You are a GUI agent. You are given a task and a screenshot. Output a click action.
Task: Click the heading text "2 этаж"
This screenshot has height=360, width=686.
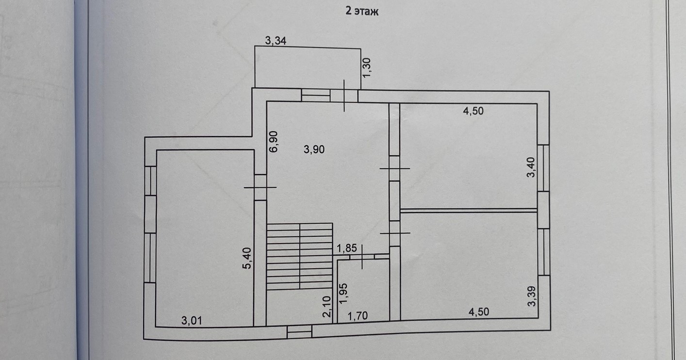(x=361, y=12)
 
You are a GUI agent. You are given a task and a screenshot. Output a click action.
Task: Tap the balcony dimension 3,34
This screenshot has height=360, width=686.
(x=276, y=41)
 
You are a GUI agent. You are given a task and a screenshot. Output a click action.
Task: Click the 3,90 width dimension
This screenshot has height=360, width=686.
(x=314, y=150)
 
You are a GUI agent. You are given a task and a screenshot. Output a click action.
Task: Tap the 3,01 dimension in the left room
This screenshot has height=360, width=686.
(x=192, y=320)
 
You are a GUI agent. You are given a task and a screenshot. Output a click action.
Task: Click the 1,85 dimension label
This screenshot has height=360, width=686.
(x=347, y=248)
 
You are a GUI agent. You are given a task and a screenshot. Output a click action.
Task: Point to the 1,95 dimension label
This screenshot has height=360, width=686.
(x=344, y=294)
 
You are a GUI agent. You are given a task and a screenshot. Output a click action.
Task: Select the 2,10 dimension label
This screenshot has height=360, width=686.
(x=327, y=307)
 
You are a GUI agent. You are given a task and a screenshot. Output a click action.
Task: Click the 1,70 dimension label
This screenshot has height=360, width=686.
(x=358, y=316)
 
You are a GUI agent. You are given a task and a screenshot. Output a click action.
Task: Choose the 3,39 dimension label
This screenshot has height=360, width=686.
(x=532, y=296)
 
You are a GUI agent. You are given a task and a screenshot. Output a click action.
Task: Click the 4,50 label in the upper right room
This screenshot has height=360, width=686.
(x=474, y=111)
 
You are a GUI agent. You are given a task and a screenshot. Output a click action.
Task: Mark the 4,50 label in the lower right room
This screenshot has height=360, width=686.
(x=478, y=312)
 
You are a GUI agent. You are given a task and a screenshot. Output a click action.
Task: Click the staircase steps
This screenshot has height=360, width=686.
(x=300, y=256)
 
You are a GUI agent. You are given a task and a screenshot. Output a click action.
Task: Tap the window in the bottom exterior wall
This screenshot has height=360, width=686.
(x=299, y=332)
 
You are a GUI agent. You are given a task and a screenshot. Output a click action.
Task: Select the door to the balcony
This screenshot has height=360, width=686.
(x=344, y=96)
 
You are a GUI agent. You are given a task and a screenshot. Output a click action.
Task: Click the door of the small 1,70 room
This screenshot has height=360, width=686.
(x=364, y=256)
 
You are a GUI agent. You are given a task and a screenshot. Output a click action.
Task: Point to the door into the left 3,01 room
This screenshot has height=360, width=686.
(x=261, y=187)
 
